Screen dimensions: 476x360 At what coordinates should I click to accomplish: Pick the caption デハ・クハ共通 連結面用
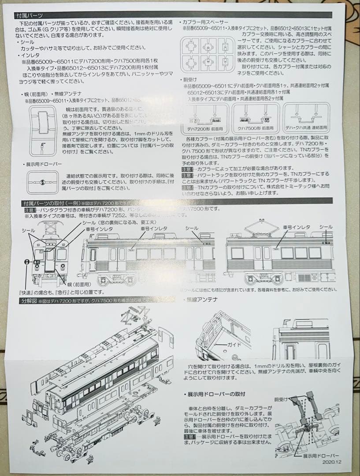307,127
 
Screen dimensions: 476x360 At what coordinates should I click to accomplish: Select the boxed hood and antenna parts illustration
43,130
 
